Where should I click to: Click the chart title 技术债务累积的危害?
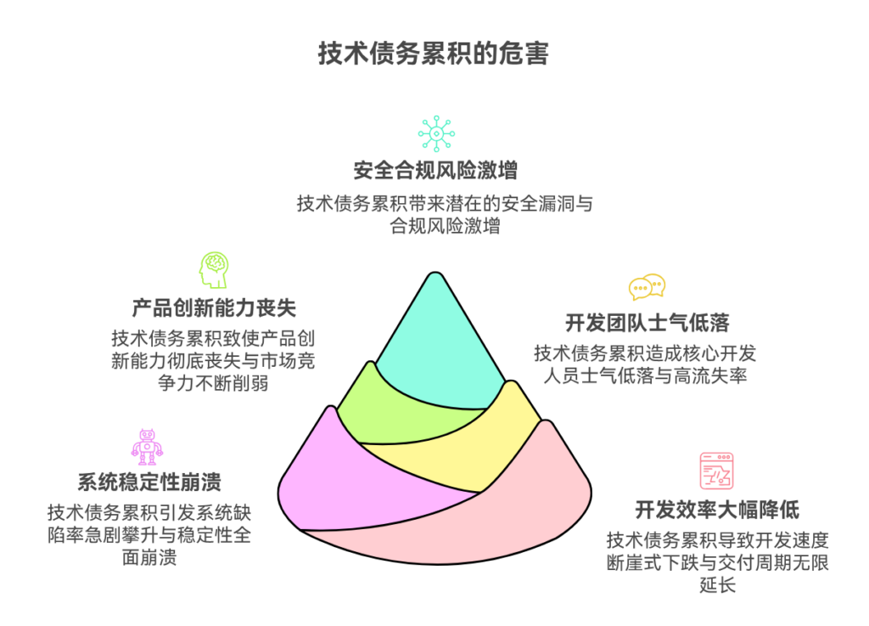click(434, 55)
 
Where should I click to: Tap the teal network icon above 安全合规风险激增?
click(435, 133)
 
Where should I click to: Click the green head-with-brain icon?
click(213, 269)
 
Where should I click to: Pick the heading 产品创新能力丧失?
click(214, 307)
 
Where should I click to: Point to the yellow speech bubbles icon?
click(647, 287)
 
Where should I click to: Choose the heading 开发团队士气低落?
click(648, 324)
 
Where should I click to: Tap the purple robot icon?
click(147, 446)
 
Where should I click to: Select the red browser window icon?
click(716, 471)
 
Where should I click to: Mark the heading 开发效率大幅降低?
click(717, 510)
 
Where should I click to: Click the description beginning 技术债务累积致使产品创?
click(213, 360)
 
